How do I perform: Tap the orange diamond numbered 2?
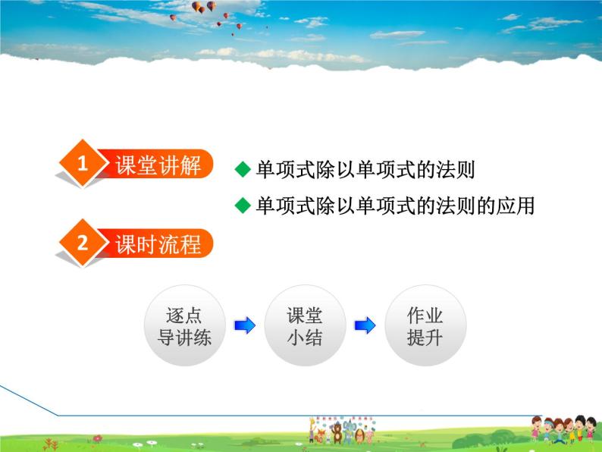[x=82, y=243]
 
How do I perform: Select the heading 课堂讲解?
[x=158, y=165]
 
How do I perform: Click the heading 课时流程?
[x=158, y=244]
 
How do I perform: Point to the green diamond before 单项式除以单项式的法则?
[x=243, y=170]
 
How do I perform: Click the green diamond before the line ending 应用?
[x=243, y=206]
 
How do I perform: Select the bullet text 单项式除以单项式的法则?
[x=365, y=170]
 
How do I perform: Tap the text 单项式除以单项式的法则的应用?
[x=395, y=206]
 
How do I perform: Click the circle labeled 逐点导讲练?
[x=184, y=326]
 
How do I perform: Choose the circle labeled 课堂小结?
[x=305, y=326]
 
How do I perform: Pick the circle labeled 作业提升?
[x=425, y=326]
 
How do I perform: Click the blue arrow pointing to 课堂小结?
[x=244, y=325]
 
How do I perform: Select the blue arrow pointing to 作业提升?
[x=365, y=325]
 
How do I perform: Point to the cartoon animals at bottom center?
[x=342, y=430]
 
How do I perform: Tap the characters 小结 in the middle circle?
[x=305, y=337]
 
